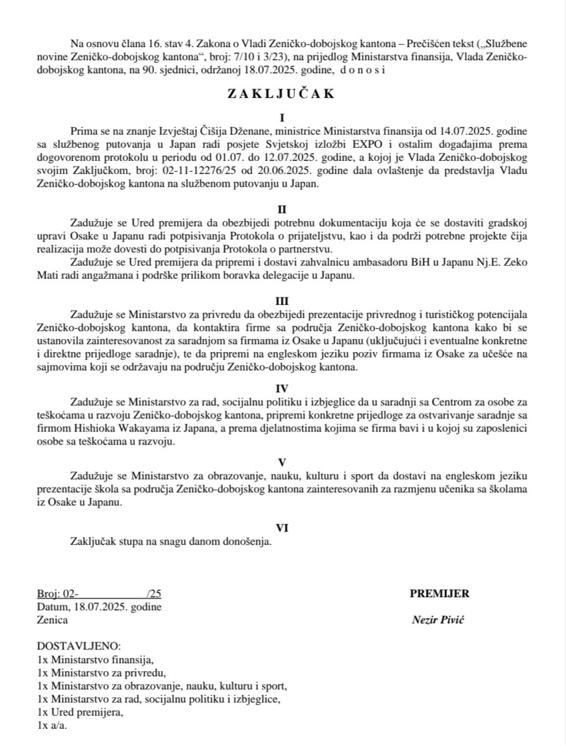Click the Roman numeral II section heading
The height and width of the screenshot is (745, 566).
[x=283, y=209]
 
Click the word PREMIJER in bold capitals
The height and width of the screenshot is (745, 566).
[x=439, y=594]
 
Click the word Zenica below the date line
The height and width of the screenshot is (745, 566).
[x=52, y=620]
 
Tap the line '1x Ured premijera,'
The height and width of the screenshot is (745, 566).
[x=80, y=712]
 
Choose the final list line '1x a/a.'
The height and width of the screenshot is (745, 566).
[x=52, y=725]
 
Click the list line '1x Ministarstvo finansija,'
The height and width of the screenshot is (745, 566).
[x=95, y=659]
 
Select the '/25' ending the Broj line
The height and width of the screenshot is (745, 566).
[x=153, y=594]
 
